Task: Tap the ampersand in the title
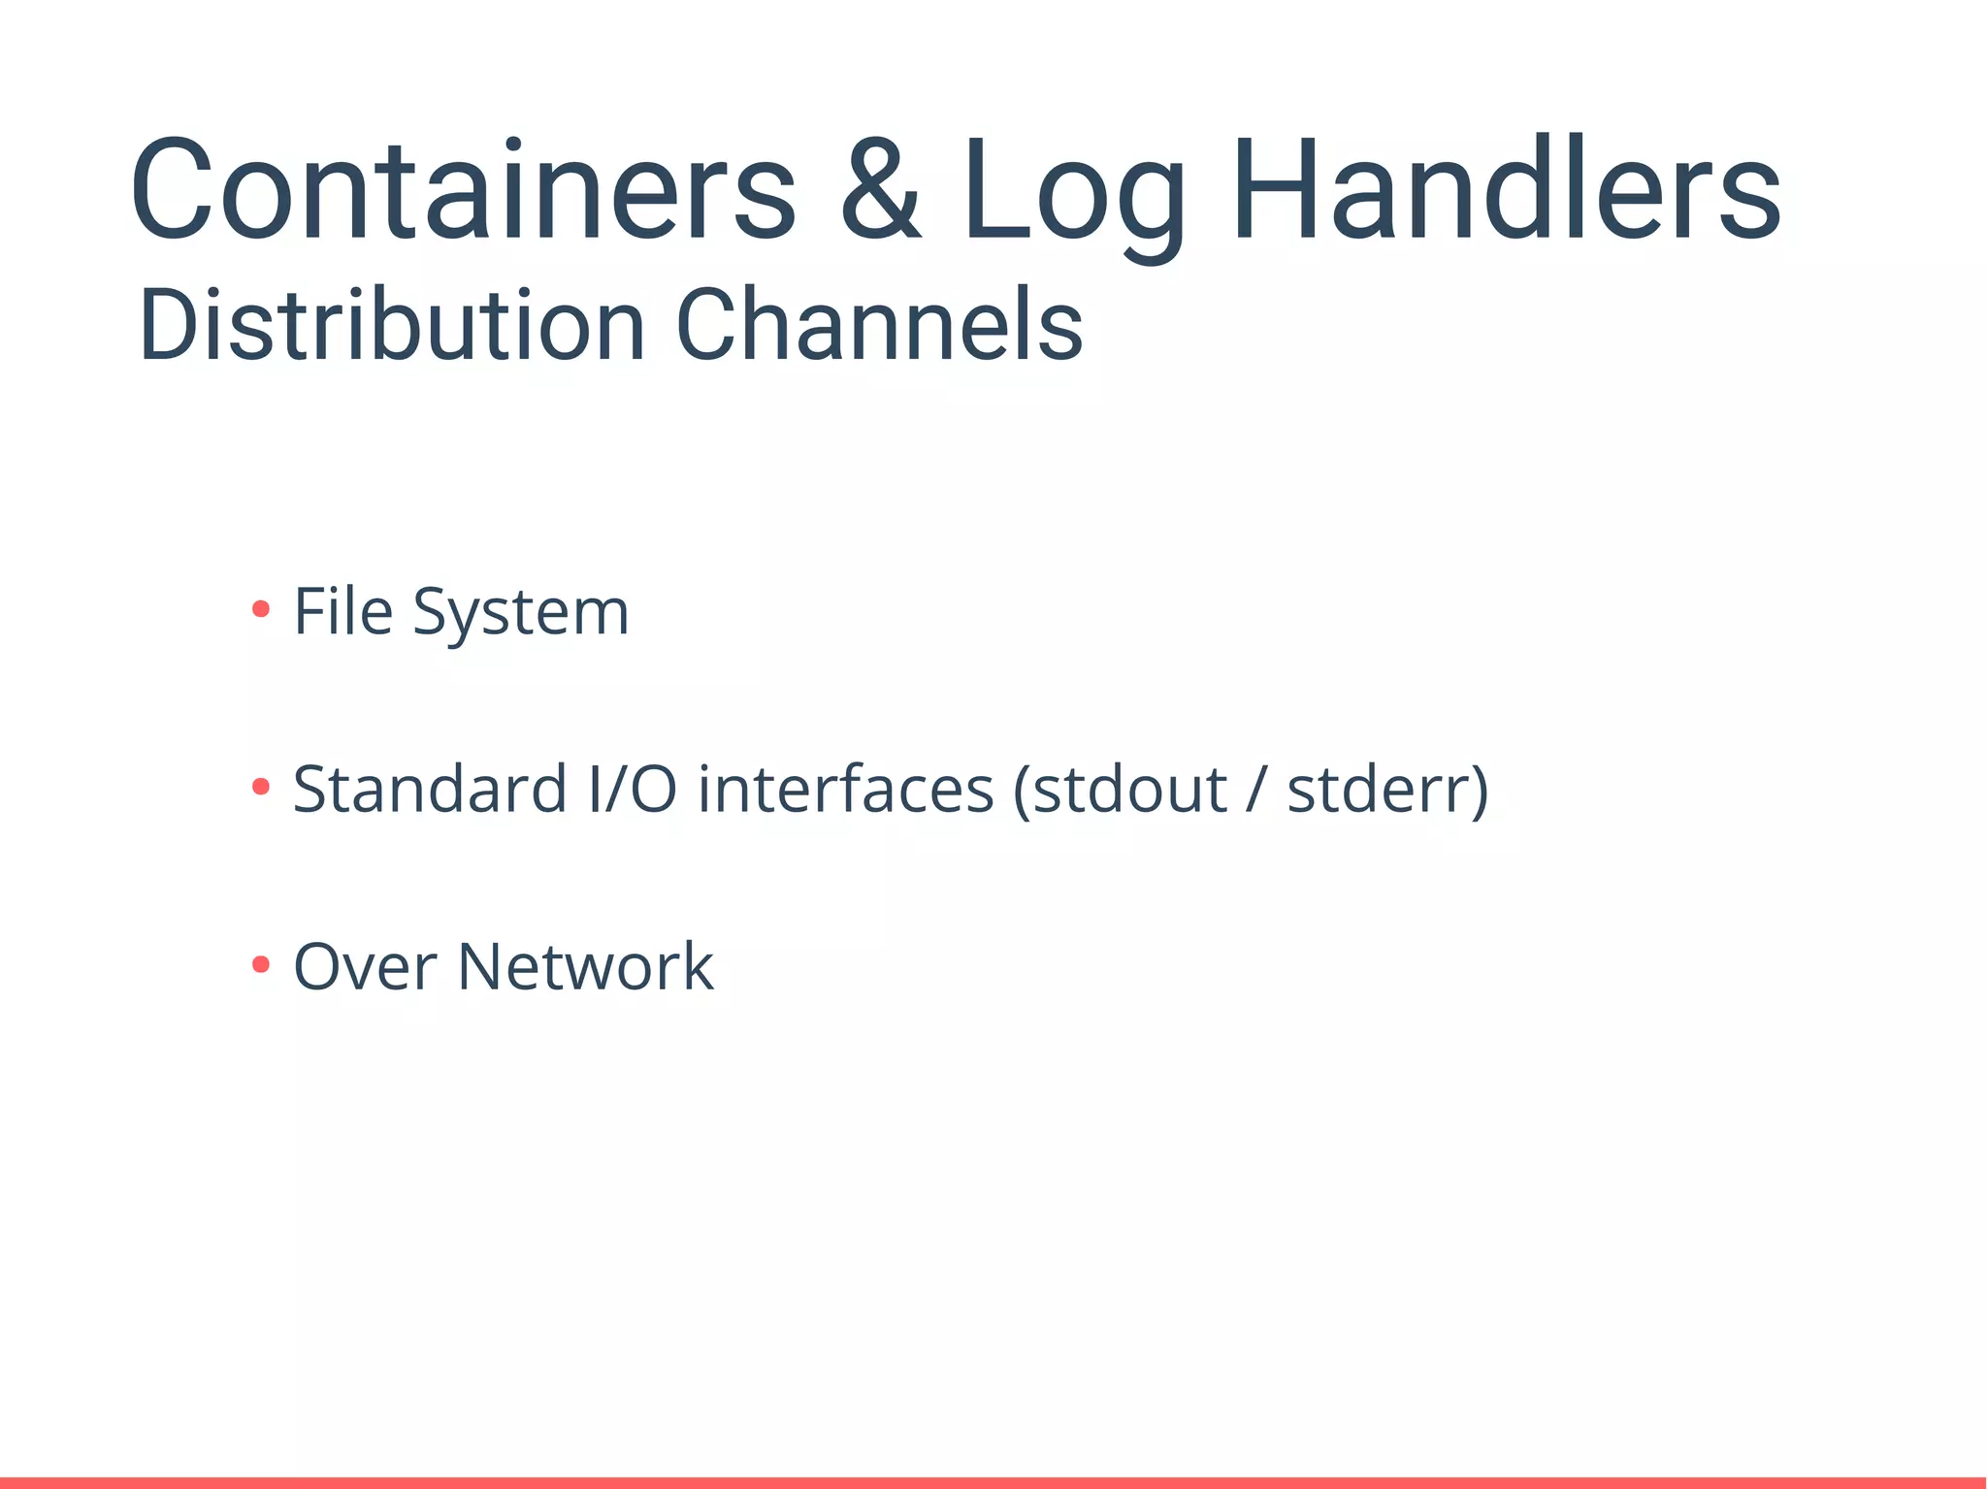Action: pos(880,188)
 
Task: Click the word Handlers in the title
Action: pos(1507,188)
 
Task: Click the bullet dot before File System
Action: pos(260,609)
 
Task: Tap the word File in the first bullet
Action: pos(343,612)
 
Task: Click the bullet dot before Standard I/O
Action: pos(260,787)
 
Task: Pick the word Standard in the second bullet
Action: pos(430,789)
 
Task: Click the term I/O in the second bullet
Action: pos(633,789)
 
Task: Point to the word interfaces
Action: pos(846,789)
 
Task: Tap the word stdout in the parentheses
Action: pos(1130,790)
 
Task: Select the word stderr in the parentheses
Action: pos(1379,790)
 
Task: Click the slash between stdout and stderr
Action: pos(1257,790)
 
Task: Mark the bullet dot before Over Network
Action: pos(260,964)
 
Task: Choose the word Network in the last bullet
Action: pos(585,967)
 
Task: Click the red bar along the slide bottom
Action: pos(993,1482)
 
